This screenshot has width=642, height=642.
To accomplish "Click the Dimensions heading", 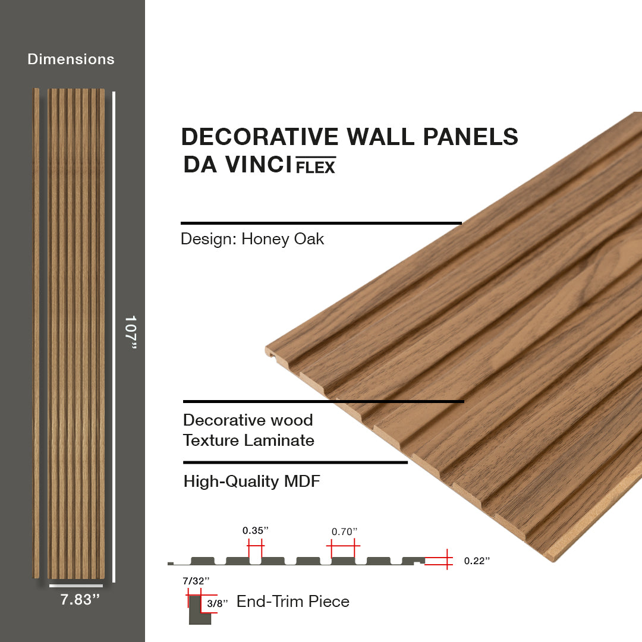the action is tap(71, 59).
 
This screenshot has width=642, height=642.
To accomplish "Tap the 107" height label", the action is tap(131, 332).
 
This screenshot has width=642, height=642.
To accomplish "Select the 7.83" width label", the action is tap(80, 599).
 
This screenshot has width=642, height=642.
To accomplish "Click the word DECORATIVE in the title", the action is tap(260, 136).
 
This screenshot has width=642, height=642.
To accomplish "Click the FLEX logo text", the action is tap(316, 165).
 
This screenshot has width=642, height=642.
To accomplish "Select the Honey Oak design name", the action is tap(282, 239).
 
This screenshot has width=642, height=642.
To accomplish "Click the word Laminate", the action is tap(279, 440).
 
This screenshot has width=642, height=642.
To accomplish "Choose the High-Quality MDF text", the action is tap(251, 481).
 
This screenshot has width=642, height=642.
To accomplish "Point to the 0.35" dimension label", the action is tap(256, 531).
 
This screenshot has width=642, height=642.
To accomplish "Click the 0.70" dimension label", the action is tap(344, 532).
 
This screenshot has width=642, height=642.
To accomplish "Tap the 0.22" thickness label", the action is tap(477, 561).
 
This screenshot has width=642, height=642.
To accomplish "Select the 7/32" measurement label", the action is tap(196, 581).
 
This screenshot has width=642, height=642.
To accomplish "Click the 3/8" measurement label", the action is tap(217, 603).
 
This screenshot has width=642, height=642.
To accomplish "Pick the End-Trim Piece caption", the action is tap(292, 602).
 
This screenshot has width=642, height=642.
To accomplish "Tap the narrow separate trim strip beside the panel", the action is tap(36, 333).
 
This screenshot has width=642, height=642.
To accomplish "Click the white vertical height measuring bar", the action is tap(114, 336).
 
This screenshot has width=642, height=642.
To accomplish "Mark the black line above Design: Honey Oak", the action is tap(321, 223).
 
